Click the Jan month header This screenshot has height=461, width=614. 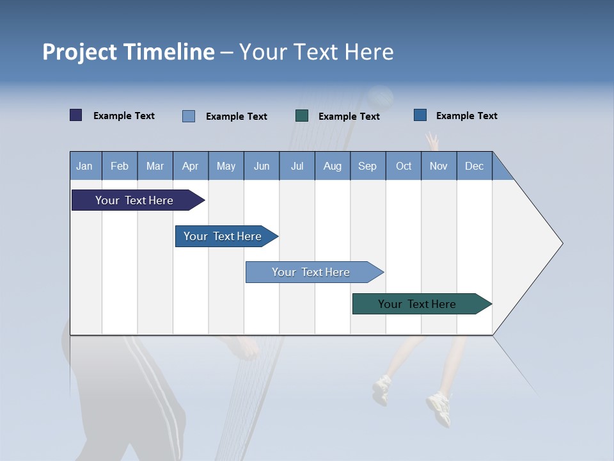coord(84,166)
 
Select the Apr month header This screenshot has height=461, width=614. coord(191,166)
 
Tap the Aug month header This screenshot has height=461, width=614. coord(333,166)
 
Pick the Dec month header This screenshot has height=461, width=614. coord(474,166)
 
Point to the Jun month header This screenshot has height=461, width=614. coord(262,166)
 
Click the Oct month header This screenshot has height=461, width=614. coord(404,166)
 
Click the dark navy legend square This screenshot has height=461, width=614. coord(76,115)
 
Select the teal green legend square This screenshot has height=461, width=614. coord(302,116)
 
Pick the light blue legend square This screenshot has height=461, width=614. coord(189,116)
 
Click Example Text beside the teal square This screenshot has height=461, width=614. coord(349,117)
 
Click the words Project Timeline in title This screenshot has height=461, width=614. coord(128,52)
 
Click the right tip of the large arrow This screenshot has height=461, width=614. coord(561,243)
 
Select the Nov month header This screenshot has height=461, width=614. coord(439,166)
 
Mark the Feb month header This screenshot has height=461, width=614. coord(120,166)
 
